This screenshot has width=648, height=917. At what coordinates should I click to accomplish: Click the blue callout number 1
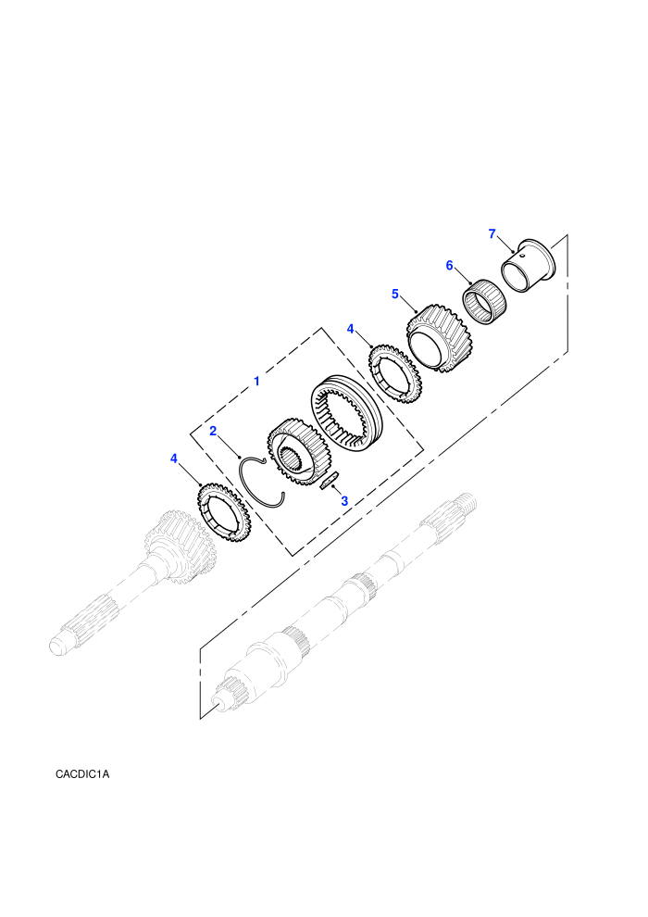click(256, 382)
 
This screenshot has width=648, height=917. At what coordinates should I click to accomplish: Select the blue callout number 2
click(213, 431)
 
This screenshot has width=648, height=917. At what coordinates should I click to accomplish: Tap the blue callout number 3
click(344, 501)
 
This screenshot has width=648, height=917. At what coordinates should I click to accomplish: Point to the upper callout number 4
click(351, 329)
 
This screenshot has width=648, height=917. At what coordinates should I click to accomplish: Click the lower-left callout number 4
click(173, 458)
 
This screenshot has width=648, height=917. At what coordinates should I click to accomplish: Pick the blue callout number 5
click(395, 294)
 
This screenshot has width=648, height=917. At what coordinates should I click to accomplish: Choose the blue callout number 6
click(449, 266)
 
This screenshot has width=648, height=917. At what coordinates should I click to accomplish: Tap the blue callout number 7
click(492, 234)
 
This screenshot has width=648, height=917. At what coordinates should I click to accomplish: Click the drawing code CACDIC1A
click(82, 774)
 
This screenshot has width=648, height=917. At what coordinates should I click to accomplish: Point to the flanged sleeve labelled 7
click(529, 265)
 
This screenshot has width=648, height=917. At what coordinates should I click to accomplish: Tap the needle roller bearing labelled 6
click(485, 301)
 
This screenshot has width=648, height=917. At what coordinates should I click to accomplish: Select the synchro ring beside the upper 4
click(394, 372)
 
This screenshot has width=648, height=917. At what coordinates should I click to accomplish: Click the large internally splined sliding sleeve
click(344, 411)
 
